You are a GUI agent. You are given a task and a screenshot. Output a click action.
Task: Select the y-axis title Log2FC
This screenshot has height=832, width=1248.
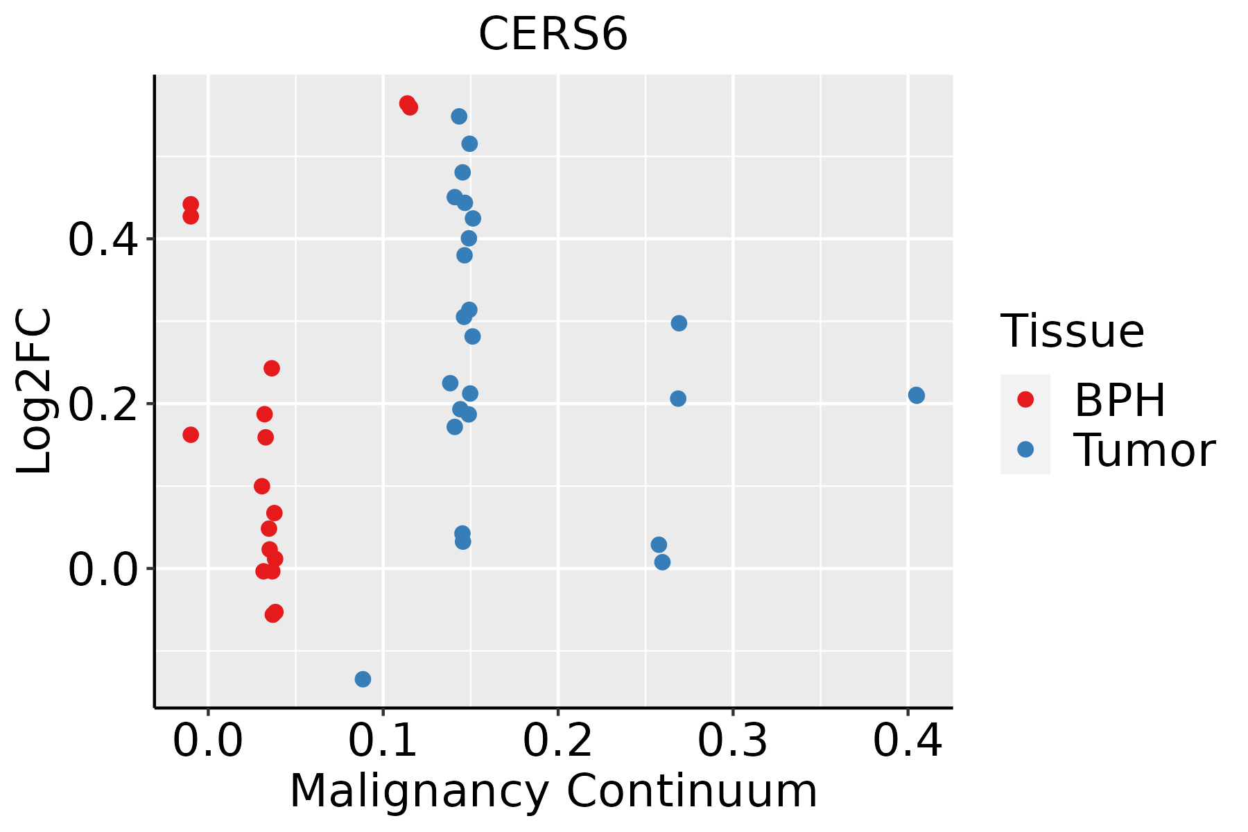(35, 392)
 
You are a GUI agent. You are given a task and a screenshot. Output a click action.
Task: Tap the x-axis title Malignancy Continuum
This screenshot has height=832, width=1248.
(553, 791)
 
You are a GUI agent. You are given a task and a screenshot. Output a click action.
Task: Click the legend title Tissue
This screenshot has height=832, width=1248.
(1073, 331)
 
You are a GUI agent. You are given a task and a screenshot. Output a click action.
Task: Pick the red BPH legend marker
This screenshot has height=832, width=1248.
(1025, 399)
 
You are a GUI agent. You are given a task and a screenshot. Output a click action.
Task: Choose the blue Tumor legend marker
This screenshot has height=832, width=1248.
(1025, 449)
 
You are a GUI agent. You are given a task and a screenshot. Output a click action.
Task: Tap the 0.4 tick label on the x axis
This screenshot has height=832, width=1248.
(907, 740)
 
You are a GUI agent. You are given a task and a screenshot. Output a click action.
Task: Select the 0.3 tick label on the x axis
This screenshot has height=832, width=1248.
(732, 740)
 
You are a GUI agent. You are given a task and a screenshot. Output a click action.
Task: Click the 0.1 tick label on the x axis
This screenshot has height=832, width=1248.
(383, 740)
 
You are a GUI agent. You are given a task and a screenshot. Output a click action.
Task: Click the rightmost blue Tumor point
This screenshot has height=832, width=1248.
(916, 395)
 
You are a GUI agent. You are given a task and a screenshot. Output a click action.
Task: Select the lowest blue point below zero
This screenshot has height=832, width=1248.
(363, 679)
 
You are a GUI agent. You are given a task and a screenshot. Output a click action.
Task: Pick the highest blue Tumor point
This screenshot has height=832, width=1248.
(459, 116)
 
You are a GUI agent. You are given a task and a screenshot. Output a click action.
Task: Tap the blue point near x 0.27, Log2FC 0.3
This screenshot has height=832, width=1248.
(679, 323)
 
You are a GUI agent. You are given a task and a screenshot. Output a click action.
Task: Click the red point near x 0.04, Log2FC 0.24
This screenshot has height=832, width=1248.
(272, 368)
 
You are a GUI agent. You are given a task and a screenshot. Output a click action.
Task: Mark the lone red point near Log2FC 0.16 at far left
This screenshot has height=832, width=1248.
(191, 435)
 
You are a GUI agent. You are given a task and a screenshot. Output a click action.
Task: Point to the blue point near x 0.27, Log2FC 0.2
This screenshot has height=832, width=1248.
(678, 399)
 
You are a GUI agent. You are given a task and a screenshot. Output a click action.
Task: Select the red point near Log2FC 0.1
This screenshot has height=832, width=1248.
(262, 486)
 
